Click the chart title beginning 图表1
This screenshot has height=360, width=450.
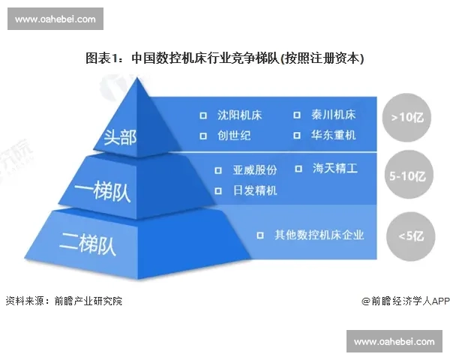coord(224,58)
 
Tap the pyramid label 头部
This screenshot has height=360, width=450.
coord(121,138)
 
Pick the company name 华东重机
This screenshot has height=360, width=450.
coord(334,136)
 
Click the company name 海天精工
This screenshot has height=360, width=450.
coord(335,169)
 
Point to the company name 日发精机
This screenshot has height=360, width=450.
coord(256,190)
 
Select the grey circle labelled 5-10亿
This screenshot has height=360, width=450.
coord(406,178)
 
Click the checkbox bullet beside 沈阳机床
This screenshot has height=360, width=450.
coord(202,116)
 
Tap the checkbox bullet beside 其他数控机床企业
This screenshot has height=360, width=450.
coord(259,235)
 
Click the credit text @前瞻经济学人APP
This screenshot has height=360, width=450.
coord(405,301)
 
